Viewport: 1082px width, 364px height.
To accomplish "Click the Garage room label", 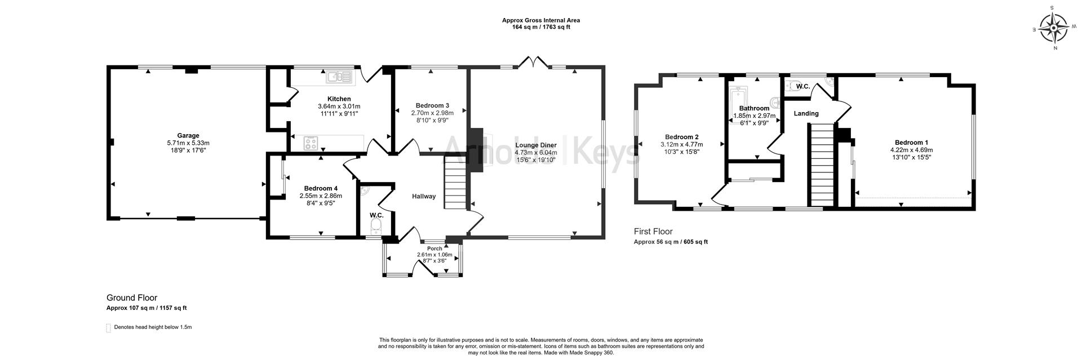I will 188,135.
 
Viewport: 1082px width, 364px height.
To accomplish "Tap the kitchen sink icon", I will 340,77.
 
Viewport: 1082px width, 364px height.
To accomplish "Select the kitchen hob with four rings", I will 311,143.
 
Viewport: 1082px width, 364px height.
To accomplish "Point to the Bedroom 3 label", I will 432,105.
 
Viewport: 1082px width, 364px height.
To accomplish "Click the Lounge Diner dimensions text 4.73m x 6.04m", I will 535,152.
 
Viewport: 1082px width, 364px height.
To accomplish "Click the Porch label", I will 434,248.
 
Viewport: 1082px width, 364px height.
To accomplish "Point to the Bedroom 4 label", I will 321,188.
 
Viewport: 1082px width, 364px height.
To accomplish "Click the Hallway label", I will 424,196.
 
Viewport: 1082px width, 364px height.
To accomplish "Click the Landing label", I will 806,113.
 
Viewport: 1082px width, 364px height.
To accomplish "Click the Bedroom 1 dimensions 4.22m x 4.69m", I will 911,150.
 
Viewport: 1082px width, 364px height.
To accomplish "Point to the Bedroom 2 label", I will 681,137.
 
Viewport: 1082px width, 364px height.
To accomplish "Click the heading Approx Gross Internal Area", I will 540,20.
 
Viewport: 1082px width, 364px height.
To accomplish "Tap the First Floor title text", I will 653,231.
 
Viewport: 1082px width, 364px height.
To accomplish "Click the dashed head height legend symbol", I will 109,328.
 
